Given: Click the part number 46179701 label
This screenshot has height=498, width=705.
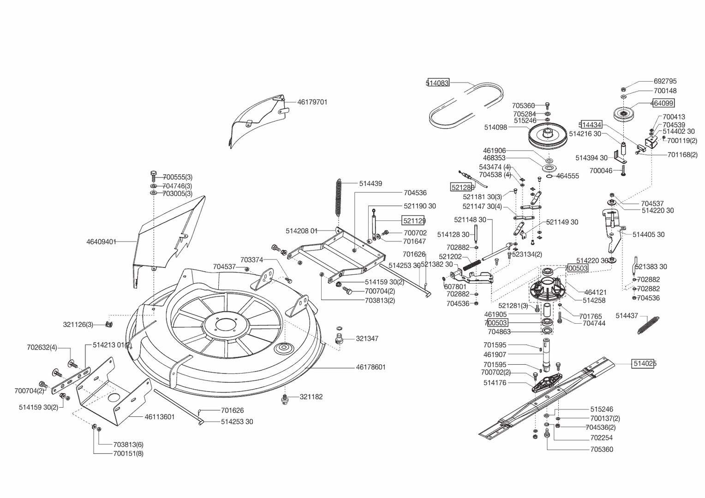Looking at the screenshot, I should (x=312, y=102).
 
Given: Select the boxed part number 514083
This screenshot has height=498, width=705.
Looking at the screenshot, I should (x=437, y=83).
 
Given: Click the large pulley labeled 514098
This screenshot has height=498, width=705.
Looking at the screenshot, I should (x=547, y=136).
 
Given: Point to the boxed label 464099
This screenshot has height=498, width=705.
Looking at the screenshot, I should (x=662, y=103).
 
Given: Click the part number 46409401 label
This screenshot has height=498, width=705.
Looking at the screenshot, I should (x=101, y=242).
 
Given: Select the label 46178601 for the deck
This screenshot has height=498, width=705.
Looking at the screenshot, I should (x=370, y=367).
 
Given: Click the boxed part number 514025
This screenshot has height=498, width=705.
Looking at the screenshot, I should (x=645, y=363).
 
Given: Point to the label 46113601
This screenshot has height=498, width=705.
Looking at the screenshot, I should (x=160, y=417).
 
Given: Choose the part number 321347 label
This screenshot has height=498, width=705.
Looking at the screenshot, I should (x=367, y=338).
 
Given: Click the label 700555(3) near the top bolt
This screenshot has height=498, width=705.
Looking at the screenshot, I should (x=177, y=177).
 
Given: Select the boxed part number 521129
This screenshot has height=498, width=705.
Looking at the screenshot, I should (x=414, y=221).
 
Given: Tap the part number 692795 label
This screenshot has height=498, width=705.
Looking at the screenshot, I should (x=665, y=81).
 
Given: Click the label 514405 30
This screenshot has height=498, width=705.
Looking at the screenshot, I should (x=648, y=234).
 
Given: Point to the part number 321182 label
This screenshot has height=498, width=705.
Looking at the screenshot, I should (x=311, y=397).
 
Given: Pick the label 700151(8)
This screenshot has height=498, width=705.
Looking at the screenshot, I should (x=128, y=453).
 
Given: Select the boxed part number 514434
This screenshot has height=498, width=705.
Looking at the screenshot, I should (x=591, y=125).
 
